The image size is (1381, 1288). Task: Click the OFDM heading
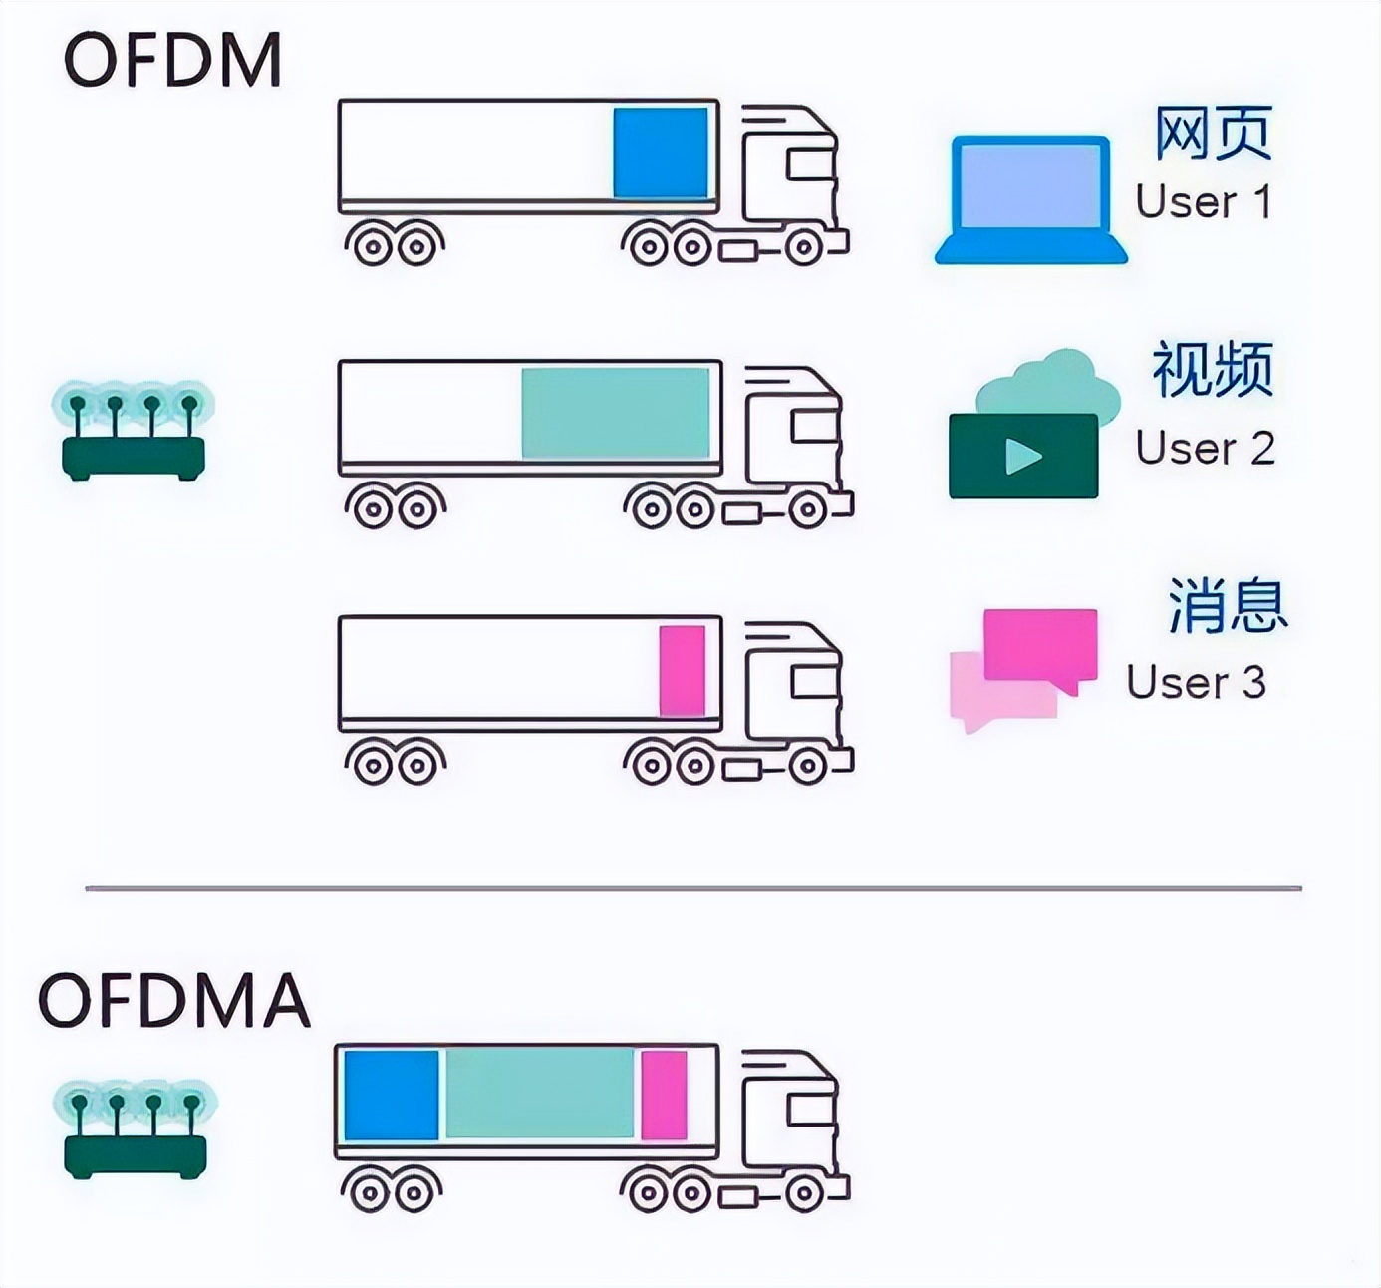pos(172,60)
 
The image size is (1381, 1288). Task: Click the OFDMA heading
pos(174,1000)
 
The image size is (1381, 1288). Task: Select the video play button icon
pos(1023,457)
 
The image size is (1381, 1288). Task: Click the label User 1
pos(1204,202)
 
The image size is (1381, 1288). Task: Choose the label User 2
pos(1205,448)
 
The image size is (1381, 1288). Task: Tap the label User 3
pos(1196,683)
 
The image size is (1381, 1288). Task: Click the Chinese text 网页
pos(1213,133)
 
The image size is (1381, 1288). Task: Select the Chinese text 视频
pos(1213,369)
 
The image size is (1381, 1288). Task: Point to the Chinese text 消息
pos(1228,605)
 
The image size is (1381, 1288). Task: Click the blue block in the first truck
pos(661,154)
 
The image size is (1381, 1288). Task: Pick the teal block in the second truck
pos(616,413)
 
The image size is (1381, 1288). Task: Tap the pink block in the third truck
pos(683,670)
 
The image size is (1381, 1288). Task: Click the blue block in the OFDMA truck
pos(392,1095)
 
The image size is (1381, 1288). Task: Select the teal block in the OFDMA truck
pos(539,1095)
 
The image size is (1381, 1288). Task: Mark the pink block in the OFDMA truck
pos(664,1095)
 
